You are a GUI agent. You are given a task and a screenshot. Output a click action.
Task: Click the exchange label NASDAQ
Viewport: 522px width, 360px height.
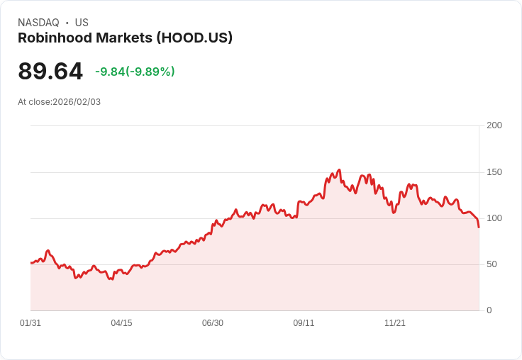pos(38,23)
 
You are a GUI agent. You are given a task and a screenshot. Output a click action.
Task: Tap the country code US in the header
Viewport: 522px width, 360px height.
pos(82,23)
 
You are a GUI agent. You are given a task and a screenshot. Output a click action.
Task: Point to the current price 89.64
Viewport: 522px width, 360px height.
pos(50,72)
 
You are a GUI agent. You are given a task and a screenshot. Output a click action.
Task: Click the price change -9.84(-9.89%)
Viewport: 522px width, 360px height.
pos(135,72)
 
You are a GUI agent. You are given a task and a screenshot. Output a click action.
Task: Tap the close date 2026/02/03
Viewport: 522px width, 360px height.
pos(77,102)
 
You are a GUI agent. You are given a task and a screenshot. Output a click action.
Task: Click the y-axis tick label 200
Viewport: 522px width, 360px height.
pos(494,125)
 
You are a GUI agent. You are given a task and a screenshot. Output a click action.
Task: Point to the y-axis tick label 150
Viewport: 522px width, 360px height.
pos(494,172)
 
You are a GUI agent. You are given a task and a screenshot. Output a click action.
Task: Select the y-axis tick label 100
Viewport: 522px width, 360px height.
pos(494,218)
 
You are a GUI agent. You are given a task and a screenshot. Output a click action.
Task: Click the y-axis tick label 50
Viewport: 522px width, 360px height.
pos(492,264)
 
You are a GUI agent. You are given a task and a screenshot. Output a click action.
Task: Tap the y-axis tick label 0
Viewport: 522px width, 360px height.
pos(489,310)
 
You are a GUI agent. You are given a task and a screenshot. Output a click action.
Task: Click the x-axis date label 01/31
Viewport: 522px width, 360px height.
pos(30,323)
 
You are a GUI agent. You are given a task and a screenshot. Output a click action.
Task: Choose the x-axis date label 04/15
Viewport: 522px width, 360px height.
pos(121,323)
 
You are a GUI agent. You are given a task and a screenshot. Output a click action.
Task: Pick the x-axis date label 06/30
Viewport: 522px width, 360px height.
pos(213,323)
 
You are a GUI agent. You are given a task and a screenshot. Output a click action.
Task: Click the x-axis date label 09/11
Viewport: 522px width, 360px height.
pos(304,323)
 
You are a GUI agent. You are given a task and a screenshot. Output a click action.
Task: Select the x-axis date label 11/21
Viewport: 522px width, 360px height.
pos(395,323)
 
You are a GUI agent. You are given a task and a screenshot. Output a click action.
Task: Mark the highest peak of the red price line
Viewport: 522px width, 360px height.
pos(340,170)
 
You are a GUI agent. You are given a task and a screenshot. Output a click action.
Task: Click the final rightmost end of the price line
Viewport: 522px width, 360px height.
pos(479,227)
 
